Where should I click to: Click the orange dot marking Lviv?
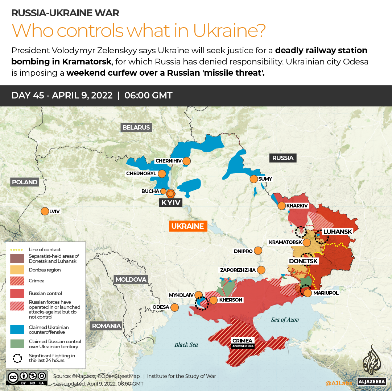click(x=45, y=211)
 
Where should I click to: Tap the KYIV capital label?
click(x=171, y=202)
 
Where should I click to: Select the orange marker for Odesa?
click(x=174, y=307)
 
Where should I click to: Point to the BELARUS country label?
click(x=136, y=127)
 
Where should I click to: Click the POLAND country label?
click(x=24, y=182)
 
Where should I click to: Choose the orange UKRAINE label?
click(x=187, y=226)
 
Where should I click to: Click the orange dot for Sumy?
click(x=253, y=179)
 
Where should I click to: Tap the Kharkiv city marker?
click(x=281, y=206)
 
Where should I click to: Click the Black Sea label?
click(x=186, y=345)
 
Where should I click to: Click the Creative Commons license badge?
click(x=26, y=377)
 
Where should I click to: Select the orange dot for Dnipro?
click(x=258, y=251)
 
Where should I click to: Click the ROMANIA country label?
click(x=106, y=326)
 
